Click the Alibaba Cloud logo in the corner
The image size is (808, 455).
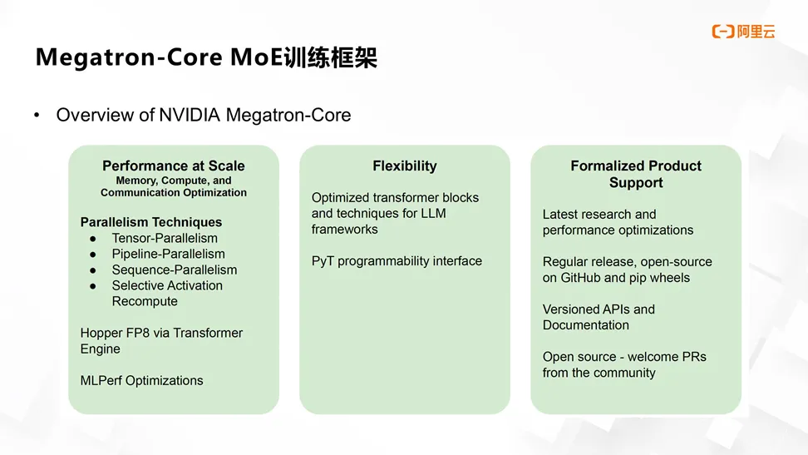pos(743,32)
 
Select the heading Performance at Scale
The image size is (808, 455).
pos(174,166)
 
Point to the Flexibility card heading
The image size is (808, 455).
pos(405,166)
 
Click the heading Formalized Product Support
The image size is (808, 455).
pos(636,174)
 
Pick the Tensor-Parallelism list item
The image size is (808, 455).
pos(165,238)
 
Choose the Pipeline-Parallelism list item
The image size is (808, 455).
pos(168,254)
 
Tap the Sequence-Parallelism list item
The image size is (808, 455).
pos(175,270)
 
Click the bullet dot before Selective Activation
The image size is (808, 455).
pos(94,285)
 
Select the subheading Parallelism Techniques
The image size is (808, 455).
pos(151,222)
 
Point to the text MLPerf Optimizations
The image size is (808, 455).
pos(141,380)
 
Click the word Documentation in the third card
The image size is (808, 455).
pos(586,324)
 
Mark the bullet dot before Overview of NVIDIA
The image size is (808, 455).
pos(37,115)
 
